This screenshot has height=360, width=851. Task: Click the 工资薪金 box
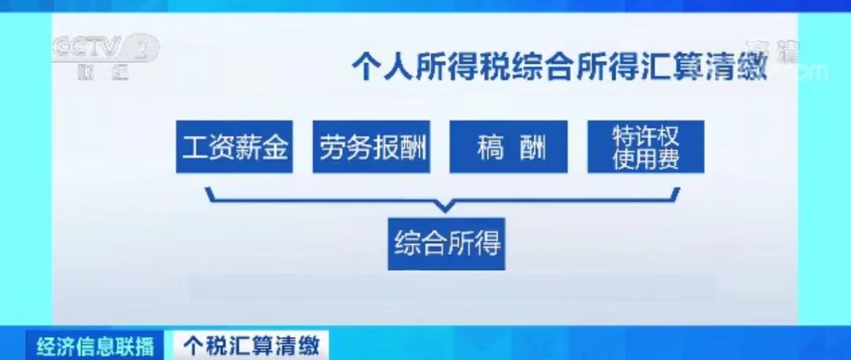pyautogui.click(x=234, y=147)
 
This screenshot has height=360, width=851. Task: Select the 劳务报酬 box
pyautogui.click(x=372, y=147)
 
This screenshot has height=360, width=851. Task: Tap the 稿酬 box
pyautogui.click(x=509, y=147)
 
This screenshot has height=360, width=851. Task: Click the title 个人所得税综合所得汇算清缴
pyautogui.click(x=559, y=65)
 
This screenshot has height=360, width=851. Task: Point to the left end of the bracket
pyautogui.click(x=207, y=191)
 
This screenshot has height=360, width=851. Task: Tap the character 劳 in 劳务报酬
pyautogui.click(x=332, y=147)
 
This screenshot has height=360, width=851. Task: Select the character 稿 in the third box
pyautogui.click(x=489, y=147)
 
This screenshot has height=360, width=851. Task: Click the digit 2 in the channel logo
pyautogui.click(x=142, y=49)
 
